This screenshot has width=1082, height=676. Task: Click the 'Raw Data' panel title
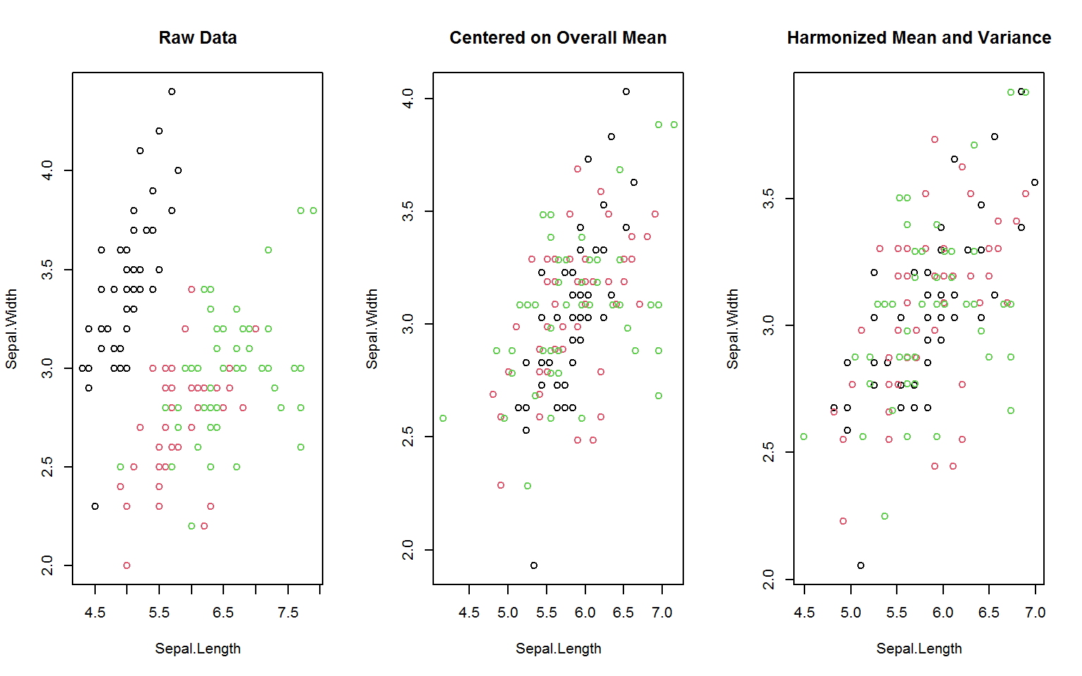click(197, 38)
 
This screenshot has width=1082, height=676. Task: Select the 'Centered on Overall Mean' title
click(558, 38)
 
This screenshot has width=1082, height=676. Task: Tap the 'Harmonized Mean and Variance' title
click(919, 38)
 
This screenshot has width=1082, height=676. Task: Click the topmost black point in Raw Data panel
click(172, 92)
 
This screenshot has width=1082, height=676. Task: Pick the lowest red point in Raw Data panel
click(127, 565)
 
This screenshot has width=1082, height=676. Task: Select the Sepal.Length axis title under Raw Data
click(197, 649)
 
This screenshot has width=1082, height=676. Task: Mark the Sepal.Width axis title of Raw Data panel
click(11, 329)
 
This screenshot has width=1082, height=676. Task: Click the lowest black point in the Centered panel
click(534, 565)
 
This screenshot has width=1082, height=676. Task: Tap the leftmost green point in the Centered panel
click(443, 418)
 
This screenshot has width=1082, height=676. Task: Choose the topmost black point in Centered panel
click(626, 92)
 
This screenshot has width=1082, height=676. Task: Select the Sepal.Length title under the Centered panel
click(558, 649)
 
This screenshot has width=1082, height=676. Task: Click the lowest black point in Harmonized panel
click(861, 565)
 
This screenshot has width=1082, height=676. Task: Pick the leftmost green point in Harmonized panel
click(804, 437)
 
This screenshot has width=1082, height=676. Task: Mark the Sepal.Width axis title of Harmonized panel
click(733, 329)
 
